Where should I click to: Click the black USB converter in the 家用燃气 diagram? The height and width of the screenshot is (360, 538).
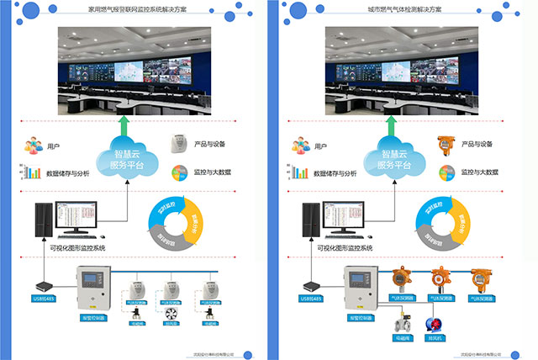[x=44, y=285]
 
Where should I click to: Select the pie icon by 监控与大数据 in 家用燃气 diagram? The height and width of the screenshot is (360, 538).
[x=178, y=173]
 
